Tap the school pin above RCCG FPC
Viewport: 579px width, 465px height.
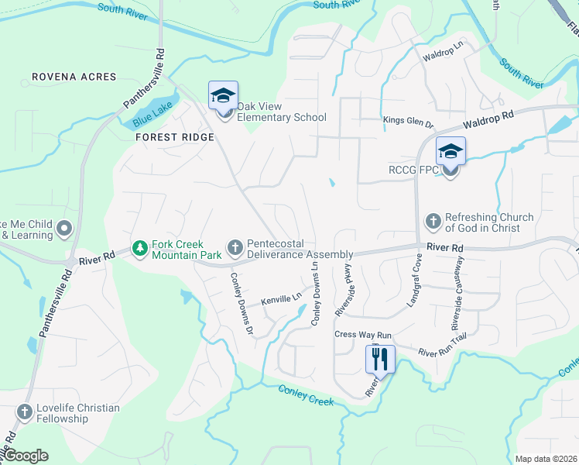[450, 151]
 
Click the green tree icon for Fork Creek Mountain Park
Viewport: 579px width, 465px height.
[139, 248]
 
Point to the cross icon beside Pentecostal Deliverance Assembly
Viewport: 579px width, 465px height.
[235, 248]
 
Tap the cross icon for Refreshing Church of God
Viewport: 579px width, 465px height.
[433, 222]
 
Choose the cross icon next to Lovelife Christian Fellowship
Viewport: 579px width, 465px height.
[25, 412]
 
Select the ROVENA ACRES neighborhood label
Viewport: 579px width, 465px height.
[74, 77]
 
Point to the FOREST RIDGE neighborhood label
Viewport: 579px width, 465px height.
[174, 136]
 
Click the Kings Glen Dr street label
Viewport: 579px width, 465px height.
[409, 120]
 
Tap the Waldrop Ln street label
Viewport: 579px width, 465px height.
[442, 57]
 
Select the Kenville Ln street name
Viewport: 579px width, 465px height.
[281, 298]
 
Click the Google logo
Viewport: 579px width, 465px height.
[26, 456]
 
